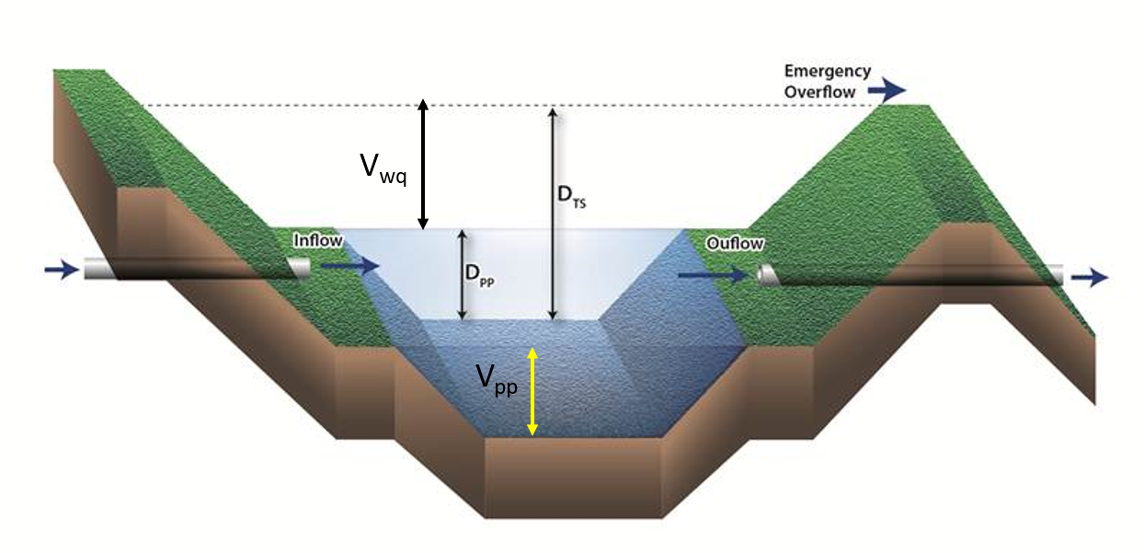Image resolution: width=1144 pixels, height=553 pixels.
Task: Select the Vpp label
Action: point(497,379)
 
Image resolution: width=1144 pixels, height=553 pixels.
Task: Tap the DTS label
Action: point(571,196)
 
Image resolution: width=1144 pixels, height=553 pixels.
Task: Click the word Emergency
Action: point(827,72)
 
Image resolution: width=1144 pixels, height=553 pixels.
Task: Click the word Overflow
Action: point(819,91)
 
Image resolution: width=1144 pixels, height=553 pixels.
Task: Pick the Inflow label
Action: point(318,240)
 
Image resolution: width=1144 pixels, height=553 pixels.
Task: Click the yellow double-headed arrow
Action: point(532,391)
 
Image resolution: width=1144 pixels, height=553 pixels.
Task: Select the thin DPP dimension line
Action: point(463,275)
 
